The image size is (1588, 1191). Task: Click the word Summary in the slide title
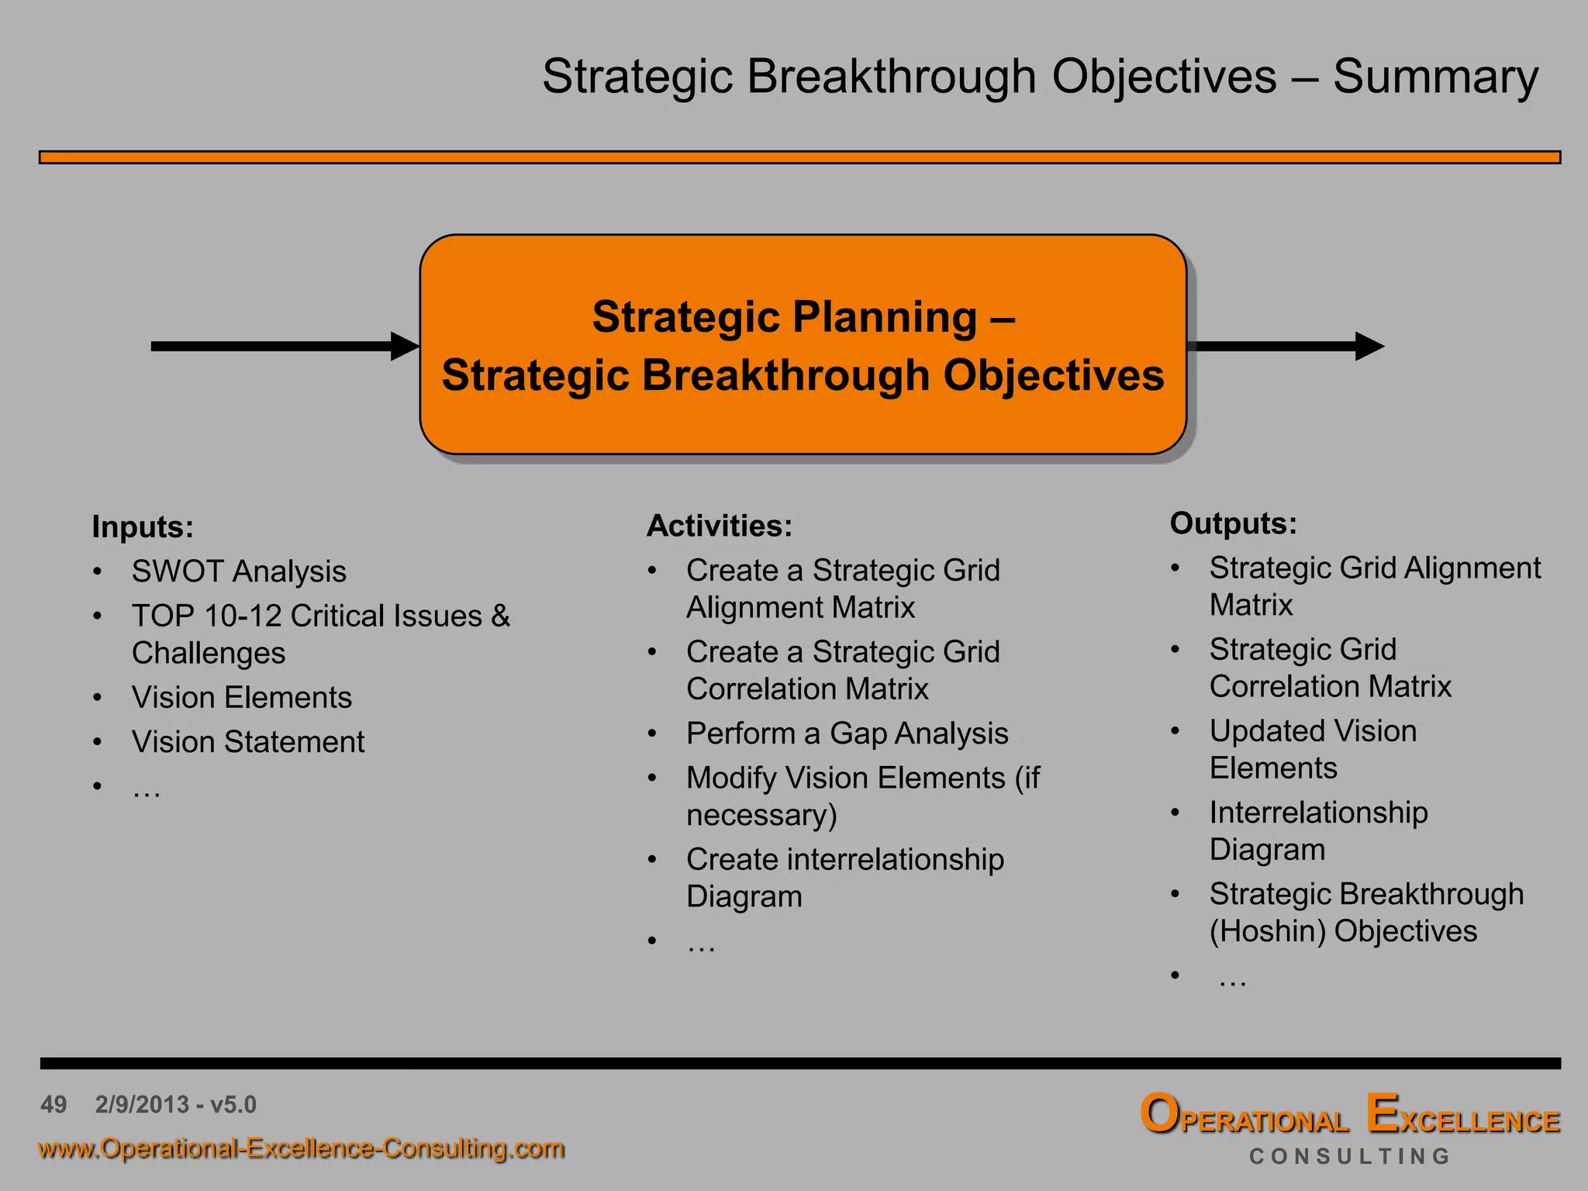point(1435,78)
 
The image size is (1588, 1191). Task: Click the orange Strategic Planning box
point(803,344)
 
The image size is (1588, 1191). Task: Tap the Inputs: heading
point(143,527)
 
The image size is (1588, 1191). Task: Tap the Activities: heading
point(720,526)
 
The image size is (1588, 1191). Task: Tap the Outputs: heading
point(1233,523)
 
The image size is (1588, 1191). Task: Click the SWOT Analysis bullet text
point(239,571)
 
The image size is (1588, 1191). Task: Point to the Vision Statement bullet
point(248,742)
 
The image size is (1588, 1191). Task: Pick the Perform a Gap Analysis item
point(847,734)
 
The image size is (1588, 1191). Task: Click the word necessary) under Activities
point(761,816)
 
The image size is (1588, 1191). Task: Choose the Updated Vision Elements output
point(1313,749)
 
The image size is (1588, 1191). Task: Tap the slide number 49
point(54,1104)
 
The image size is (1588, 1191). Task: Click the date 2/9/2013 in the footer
point(142,1104)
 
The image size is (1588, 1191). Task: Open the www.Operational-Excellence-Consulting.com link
point(301,1148)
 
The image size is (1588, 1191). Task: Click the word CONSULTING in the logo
point(1349,1157)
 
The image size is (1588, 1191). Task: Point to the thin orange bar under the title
point(799,157)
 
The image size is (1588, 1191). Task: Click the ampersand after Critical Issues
point(500,616)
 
